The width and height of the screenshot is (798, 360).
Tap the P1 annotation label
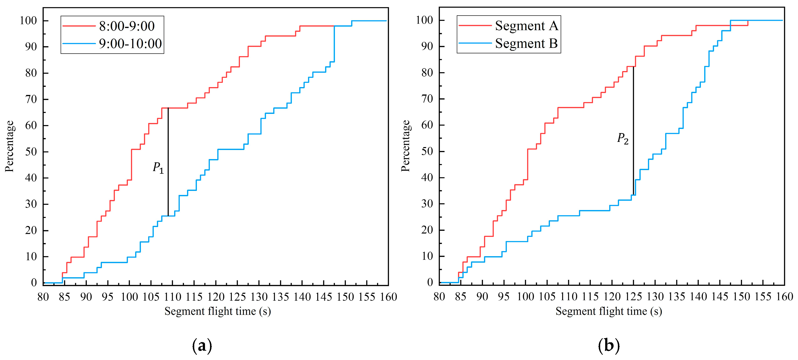point(158,168)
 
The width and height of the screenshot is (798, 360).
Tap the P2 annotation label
point(623,138)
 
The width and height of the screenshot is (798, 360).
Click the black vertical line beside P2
point(633,130)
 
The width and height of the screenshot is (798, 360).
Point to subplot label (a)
point(202,346)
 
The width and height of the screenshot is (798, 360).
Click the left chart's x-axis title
point(217,311)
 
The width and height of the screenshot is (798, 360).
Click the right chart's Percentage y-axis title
point(405,146)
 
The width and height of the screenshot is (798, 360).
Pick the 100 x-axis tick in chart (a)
point(129,297)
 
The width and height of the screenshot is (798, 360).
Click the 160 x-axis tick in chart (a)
point(388,297)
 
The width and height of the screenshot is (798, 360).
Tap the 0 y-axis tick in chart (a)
point(34,282)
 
